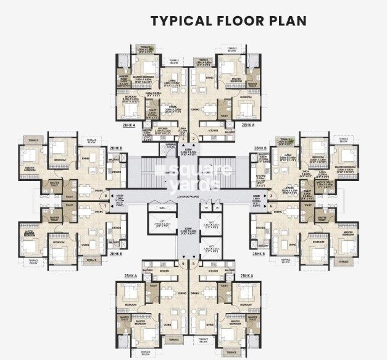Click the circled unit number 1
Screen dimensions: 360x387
point(182,138)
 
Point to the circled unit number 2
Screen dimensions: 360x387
point(194,138)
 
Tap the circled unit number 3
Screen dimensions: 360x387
point(271,196)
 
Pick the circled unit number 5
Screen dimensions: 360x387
point(194,264)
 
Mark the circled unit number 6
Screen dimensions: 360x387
point(183,264)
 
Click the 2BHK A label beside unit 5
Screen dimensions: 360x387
point(248,275)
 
